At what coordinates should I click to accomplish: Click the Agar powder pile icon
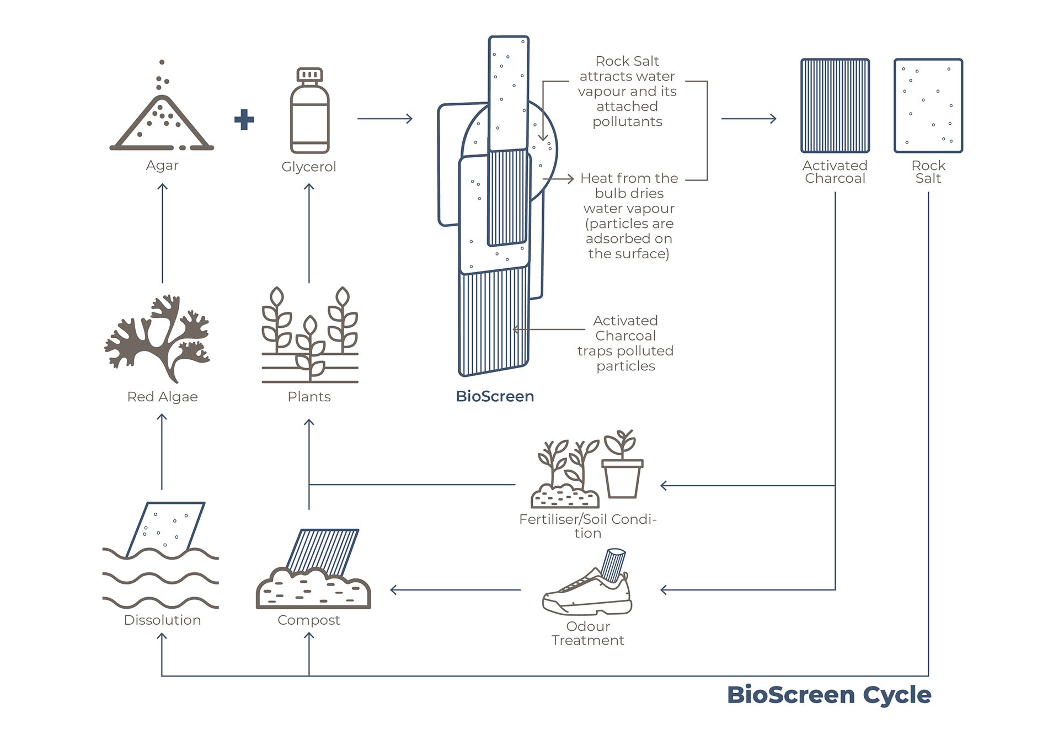[162, 105]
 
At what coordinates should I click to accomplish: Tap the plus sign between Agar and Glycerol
[244, 120]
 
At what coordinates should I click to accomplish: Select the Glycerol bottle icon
[309, 110]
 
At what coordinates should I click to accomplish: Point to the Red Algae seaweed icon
[158, 338]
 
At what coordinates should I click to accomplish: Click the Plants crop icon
[310, 334]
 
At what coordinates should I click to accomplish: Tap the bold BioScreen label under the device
[495, 396]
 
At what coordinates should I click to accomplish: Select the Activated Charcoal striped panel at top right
[835, 105]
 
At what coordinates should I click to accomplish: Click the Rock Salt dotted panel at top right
[928, 105]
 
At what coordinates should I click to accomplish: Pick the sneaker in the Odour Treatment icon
[587, 592]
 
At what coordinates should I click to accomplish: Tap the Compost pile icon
[313, 569]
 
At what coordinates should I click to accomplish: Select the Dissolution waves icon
[161, 555]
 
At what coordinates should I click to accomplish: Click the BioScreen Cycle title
[829, 695]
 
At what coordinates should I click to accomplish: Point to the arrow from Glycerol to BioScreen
[385, 119]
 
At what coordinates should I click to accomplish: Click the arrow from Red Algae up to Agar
[162, 233]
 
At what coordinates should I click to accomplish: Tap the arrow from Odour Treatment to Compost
[455, 590]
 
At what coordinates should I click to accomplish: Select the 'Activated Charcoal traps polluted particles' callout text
[625, 343]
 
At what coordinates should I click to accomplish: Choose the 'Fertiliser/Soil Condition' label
[588, 526]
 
